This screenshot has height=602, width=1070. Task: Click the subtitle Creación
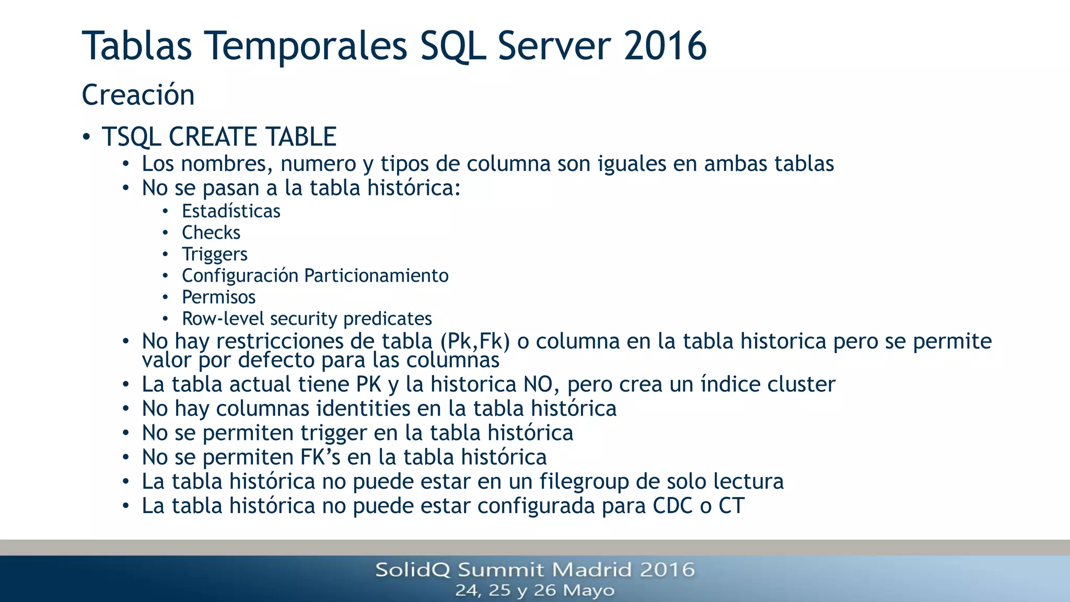click(x=138, y=95)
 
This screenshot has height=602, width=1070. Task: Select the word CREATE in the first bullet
click(x=216, y=137)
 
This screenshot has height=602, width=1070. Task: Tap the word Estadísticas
click(x=231, y=211)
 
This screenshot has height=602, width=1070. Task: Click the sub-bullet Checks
click(x=211, y=233)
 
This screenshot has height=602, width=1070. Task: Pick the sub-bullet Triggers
click(x=214, y=254)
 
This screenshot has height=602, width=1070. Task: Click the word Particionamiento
click(x=376, y=275)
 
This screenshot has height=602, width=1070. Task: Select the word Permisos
click(x=218, y=297)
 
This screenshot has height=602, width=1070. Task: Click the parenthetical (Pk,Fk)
click(x=475, y=341)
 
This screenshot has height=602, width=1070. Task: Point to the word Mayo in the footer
click(x=589, y=591)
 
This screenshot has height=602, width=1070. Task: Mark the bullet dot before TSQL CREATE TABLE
click(x=87, y=137)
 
